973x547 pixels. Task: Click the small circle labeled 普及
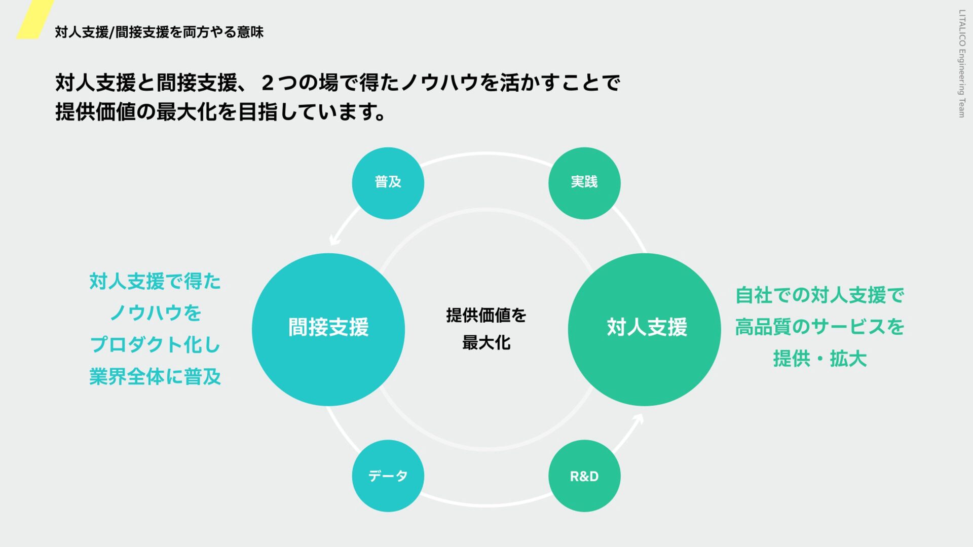[388, 183]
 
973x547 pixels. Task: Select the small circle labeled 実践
[584, 183]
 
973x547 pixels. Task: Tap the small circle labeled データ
[388, 476]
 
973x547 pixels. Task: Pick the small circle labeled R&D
[584, 476]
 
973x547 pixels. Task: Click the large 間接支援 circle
[328, 329]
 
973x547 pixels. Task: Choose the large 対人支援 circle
[644, 329]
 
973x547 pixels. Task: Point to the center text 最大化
[486, 343]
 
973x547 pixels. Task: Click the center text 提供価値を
[486, 315]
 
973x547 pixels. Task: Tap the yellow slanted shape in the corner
[34, 19]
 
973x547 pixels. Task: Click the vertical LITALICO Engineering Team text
[961, 63]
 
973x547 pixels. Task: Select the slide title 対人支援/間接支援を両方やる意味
[159, 32]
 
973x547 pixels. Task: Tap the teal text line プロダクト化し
[155, 345]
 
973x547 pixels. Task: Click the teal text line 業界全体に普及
[155, 377]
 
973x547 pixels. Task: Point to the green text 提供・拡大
[819, 359]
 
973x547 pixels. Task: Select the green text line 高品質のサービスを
[819, 327]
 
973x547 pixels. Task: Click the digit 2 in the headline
[268, 83]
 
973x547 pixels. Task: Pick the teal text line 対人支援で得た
[155, 282]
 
